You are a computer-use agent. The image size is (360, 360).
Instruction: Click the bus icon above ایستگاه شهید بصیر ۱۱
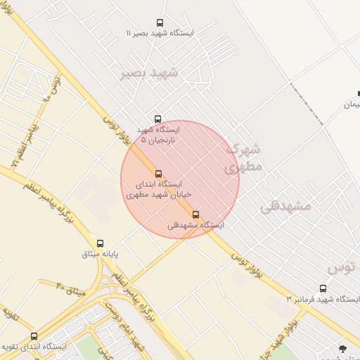(160, 23)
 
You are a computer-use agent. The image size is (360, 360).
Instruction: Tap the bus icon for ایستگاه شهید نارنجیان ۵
(157, 119)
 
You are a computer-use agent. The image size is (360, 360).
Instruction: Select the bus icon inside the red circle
(158, 174)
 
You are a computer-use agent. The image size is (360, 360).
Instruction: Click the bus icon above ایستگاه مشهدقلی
(195, 214)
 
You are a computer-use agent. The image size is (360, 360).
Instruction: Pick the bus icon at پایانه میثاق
(100, 243)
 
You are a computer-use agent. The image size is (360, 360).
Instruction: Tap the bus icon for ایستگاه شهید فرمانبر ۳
(323, 288)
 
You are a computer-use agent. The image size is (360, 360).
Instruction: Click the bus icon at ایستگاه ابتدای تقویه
(34, 336)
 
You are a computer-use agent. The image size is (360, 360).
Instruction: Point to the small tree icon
(342, 349)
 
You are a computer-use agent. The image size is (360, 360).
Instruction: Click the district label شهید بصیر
(150, 72)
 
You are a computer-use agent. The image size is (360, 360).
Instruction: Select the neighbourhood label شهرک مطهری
(243, 158)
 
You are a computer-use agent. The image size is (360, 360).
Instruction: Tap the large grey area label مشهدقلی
(285, 206)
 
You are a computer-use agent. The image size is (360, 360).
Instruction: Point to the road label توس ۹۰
(53, 89)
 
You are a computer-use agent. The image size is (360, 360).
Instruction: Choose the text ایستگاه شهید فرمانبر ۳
(323, 300)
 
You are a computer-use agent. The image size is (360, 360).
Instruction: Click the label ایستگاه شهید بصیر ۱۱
(160, 34)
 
